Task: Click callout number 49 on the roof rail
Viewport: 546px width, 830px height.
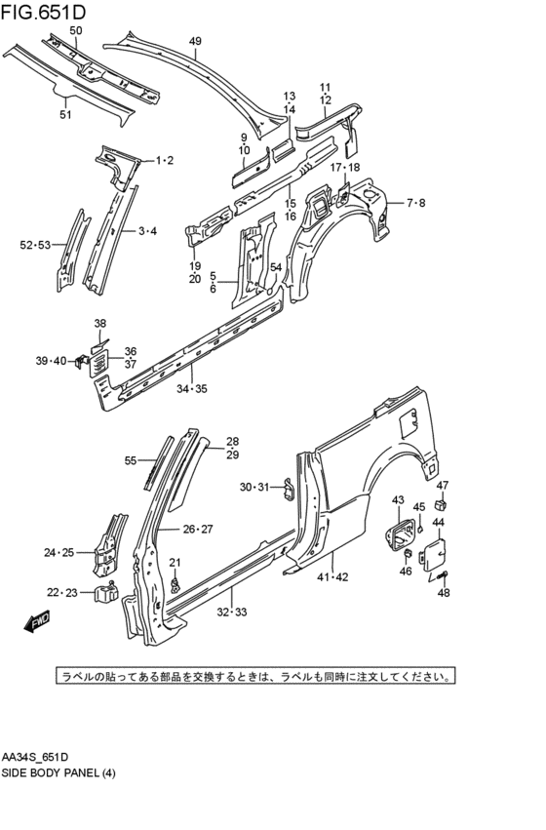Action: (x=195, y=41)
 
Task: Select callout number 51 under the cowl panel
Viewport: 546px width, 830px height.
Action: (x=65, y=115)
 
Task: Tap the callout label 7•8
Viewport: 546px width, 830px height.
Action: (x=415, y=203)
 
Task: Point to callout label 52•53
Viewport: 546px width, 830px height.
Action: (x=35, y=245)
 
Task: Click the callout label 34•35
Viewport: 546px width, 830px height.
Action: (x=191, y=388)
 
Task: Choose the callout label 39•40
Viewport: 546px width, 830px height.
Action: (x=51, y=361)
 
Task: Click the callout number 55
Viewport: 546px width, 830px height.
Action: (x=131, y=460)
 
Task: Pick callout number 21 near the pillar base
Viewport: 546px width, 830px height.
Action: (x=175, y=563)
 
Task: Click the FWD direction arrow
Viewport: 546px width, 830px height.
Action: (x=38, y=620)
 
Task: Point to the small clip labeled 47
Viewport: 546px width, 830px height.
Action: (x=443, y=504)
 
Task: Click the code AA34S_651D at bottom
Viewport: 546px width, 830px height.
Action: (x=35, y=757)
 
